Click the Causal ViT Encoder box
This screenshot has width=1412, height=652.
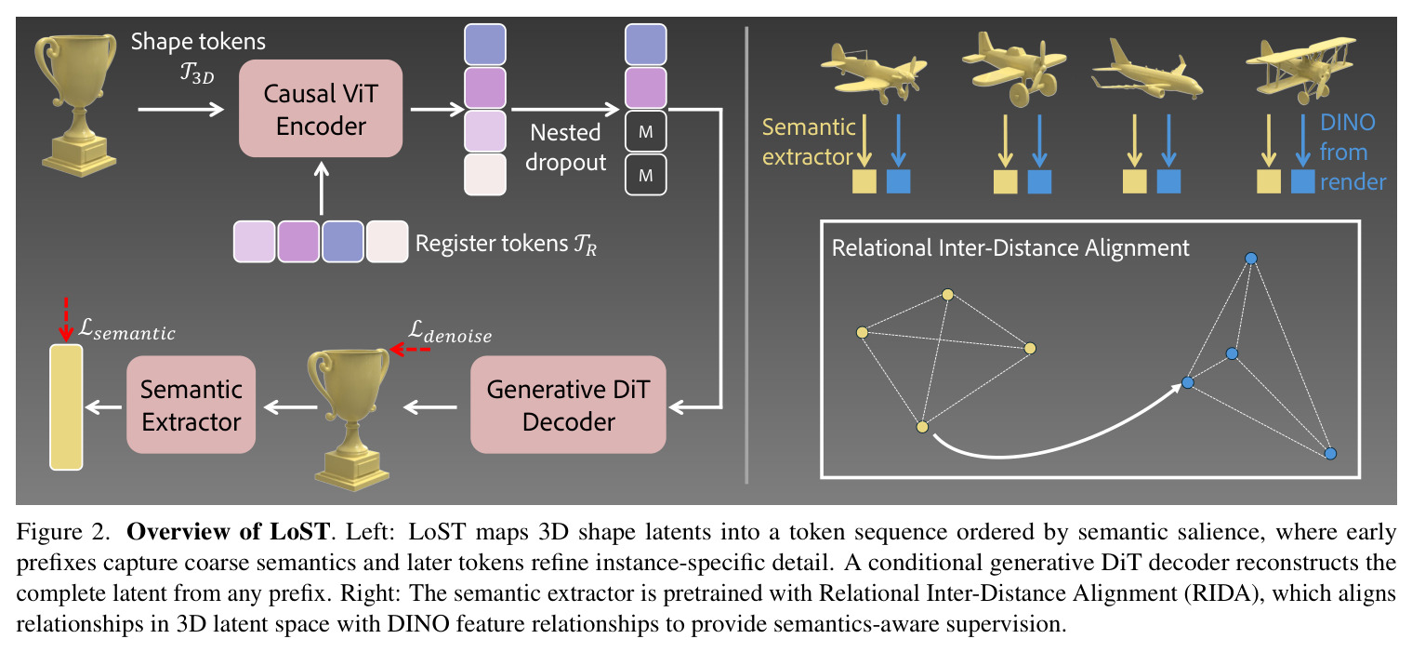point(320,109)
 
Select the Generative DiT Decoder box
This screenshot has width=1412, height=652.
point(568,405)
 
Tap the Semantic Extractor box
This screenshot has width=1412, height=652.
point(191,405)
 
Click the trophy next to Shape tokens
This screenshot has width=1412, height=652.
point(76,105)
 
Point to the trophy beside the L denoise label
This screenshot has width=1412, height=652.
point(350,419)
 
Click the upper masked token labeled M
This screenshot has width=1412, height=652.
point(645,132)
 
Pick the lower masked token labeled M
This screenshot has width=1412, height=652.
point(645,175)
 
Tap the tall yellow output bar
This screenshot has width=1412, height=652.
point(66,407)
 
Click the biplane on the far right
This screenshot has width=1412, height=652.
point(1300,70)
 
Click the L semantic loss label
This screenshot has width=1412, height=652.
point(126,330)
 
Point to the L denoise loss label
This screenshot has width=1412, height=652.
point(450,332)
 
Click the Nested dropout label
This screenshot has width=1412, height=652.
point(565,148)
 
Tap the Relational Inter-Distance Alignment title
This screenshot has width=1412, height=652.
point(1010,247)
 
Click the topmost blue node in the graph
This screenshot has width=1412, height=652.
point(1251,259)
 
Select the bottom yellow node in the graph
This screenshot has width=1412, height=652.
point(922,428)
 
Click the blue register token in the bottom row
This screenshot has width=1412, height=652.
point(343,242)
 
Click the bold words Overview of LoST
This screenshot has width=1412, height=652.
point(228,532)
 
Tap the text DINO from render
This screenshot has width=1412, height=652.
point(1353,152)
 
